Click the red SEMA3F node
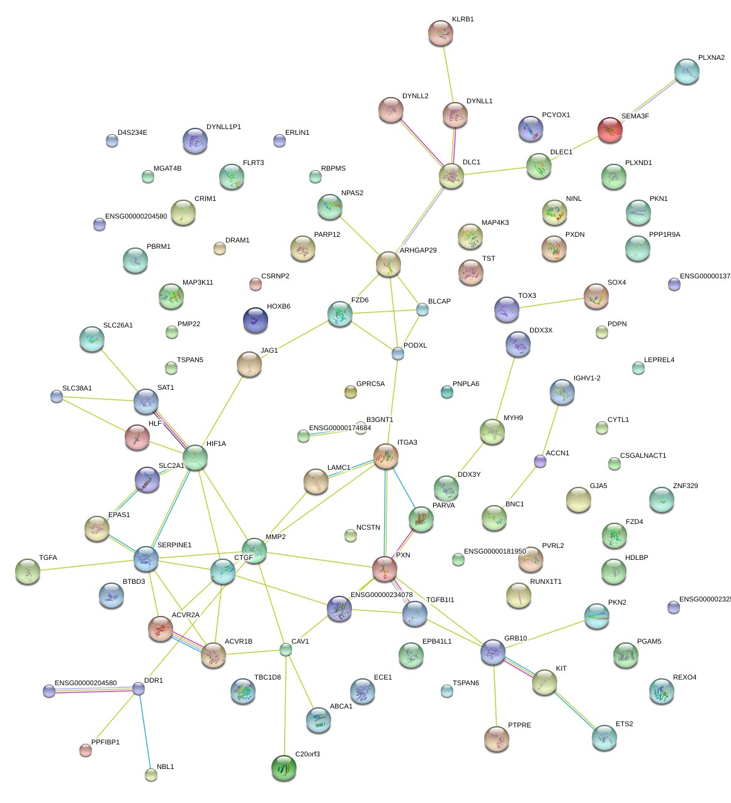click(x=609, y=129)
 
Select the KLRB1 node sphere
click(x=440, y=33)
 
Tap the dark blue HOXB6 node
click(x=255, y=320)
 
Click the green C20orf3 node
click(x=283, y=768)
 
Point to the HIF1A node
click(x=195, y=457)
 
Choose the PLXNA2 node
click(x=686, y=71)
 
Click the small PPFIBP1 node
click(x=86, y=749)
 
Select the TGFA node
click(x=28, y=571)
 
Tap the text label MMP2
click(x=275, y=537)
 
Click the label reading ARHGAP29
click(x=418, y=251)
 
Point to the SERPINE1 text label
click(x=174, y=545)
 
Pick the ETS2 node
click(x=604, y=738)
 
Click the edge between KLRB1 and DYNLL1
click(x=448, y=74)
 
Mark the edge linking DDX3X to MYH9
click(x=505, y=387)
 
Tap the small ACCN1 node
click(x=540, y=461)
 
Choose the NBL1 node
click(x=151, y=774)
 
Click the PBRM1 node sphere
click(x=135, y=260)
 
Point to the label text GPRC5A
click(x=370, y=384)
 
